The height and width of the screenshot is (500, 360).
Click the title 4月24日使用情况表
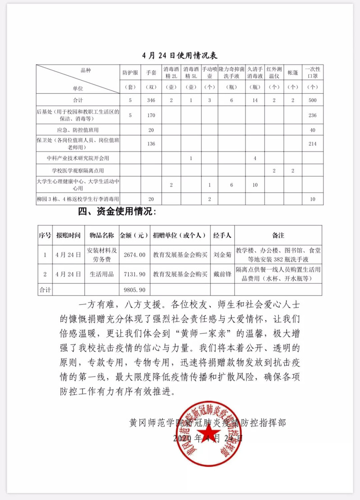[179, 56]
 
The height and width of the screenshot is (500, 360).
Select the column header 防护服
[128, 72]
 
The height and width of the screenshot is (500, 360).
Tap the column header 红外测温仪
[274, 72]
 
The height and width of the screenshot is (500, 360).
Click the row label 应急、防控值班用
[78, 130]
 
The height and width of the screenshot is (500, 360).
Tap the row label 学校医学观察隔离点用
[78, 171]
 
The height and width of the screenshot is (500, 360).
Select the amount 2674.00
[134, 255]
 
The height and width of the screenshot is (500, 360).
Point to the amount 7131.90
[134, 273]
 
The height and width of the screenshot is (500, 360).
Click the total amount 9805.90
[134, 288]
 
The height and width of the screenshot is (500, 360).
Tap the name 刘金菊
[222, 255]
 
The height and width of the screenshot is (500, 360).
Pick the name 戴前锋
[222, 273]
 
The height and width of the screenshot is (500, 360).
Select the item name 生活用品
[101, 273]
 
